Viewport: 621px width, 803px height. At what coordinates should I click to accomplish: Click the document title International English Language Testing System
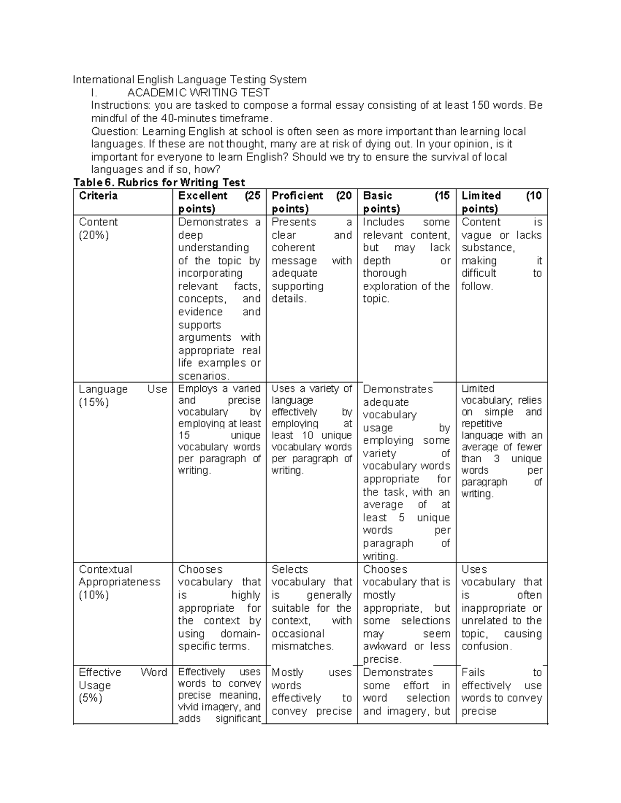(x=189, y=80)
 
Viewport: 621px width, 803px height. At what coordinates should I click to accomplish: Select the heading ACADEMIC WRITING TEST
(x=198, y=93)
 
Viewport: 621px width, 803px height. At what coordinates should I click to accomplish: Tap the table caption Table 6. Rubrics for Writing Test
(x=159, y=182)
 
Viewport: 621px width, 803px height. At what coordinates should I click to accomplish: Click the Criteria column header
(x=98, y=196)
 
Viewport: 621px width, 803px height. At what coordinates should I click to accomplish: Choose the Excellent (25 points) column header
(x=219, y=202)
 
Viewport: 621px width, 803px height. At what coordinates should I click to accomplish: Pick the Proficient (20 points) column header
(x=312, y=202)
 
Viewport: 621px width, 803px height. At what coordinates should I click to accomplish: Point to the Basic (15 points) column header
(x=406, y=202)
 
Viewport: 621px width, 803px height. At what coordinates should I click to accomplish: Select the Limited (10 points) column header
(x=501, y=202)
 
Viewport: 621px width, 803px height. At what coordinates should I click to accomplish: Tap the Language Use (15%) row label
(x=123, y=396)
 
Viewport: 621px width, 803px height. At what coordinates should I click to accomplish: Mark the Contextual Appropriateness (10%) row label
(x=120, y=582)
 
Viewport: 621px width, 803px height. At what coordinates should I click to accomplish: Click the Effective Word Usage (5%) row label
(x=123, y=685)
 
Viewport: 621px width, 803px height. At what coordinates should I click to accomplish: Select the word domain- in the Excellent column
(x=240, y=634)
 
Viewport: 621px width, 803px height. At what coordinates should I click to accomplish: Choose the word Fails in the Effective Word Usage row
(x=473, y=672)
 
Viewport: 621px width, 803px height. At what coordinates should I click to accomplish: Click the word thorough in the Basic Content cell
(x=385, y=273)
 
